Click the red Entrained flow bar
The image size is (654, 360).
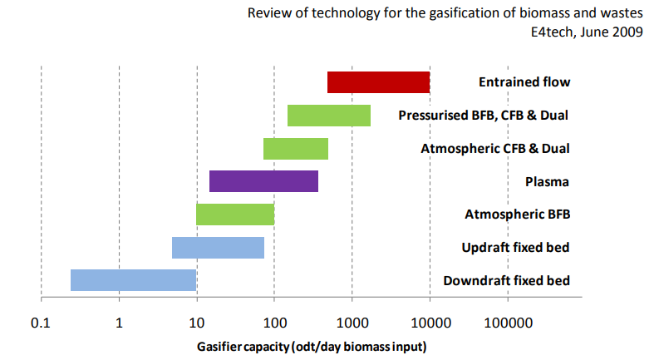tap(378, 82)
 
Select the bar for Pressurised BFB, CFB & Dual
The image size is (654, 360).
tap(328, 116)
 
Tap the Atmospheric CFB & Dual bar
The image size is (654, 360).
tap(296, 149)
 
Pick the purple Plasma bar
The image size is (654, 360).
tap(263, 181)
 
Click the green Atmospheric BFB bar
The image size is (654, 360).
tap(235, 215)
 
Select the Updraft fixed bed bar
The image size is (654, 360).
tap(218, 248)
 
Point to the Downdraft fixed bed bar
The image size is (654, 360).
tap(133, 280)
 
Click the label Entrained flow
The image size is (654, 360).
tap(524, 82)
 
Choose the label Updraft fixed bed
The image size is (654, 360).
tap(515, 248)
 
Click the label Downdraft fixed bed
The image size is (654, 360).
tap(507, 280)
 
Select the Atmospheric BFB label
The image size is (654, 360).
tap(517, 215)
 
